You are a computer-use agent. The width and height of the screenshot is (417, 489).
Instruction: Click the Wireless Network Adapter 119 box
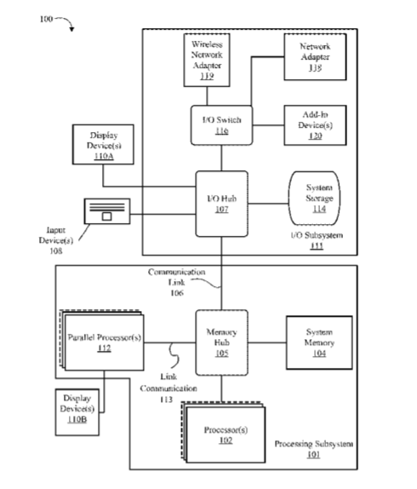[207, 60]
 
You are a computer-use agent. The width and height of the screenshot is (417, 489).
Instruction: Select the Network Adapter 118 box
[315, 57]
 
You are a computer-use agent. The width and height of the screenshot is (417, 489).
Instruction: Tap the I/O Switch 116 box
[221, 125]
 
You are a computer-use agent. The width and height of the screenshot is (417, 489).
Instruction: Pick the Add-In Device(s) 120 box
[315, 125]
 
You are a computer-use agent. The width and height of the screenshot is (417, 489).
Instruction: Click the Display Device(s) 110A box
[103, 144]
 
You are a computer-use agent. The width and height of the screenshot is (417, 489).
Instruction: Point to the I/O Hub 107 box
[221, 204]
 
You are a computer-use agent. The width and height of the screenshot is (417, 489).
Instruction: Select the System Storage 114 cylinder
[314, 198]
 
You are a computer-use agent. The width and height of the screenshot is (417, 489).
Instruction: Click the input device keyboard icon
[107, 211]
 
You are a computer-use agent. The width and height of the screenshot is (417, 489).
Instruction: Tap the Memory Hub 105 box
[221, 342]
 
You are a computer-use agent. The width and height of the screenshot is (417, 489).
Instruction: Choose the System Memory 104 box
[319, 342]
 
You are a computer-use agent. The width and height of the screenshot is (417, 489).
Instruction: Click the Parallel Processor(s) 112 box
[102, 340]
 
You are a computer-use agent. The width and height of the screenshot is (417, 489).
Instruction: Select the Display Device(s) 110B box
[77, 412]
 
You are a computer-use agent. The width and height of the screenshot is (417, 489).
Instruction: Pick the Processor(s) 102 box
[224, 433]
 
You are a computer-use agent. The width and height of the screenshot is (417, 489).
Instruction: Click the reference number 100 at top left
[46, 19]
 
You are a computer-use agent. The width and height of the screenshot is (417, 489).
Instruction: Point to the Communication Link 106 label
[176, 282]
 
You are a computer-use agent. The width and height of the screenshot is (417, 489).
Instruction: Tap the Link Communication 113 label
[169, 388]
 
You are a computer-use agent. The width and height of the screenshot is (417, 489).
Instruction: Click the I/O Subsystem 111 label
[317, 240]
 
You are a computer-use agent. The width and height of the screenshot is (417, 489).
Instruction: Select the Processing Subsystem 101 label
[314, 449]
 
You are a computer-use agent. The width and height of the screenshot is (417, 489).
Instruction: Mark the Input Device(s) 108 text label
[56, 240]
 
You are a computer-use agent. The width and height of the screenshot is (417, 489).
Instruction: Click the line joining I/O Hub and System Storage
[268, 204]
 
